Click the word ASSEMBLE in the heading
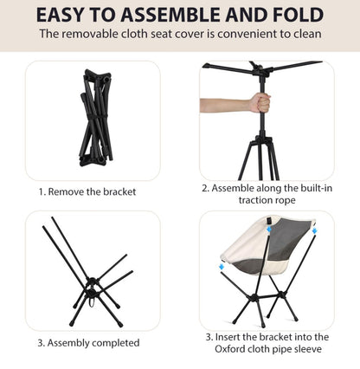pos(171,15)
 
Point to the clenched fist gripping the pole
pos(260,103)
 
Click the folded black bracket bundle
pos(95,118)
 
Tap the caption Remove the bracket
pos(92,191)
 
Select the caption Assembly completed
pos(93,343)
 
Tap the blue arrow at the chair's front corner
pos(222,266)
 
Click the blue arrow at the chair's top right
pos(314,230)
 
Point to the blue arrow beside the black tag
pos(269,229)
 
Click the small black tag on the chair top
pos(269,220)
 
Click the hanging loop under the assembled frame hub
pos(92,302)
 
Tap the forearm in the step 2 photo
pos(225,106)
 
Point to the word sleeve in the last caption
pos(308,349)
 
